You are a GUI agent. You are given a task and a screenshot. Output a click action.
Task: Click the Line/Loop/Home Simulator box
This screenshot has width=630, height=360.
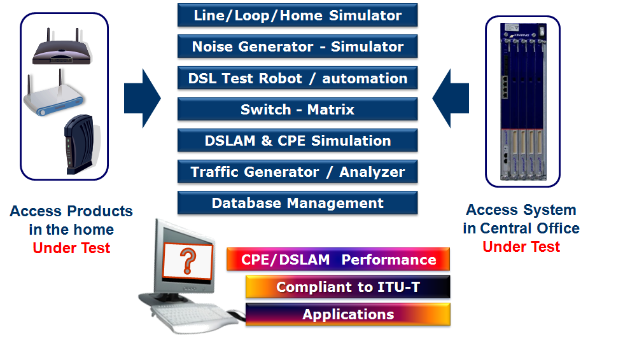tap(297, 15)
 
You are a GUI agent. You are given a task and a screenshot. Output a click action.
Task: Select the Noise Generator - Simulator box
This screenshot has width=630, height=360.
tap(297, 46)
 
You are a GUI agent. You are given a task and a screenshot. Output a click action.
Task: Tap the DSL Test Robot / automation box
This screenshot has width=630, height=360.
tap(297, 78)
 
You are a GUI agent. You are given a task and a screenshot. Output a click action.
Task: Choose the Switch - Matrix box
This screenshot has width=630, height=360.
tap(297, 109)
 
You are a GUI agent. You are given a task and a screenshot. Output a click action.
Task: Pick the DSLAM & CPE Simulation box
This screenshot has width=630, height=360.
tap(297, 141)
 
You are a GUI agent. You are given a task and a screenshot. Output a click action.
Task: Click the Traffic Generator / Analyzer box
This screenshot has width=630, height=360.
tap(297, 172)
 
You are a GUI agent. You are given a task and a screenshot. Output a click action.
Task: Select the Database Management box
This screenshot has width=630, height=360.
tap(297, 203)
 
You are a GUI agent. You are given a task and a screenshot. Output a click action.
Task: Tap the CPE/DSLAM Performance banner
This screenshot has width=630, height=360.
tap(338, 260)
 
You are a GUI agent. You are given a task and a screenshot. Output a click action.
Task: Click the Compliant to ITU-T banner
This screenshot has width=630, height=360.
tap(347, 287)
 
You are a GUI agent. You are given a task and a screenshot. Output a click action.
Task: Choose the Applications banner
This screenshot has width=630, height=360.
tap(347, 314)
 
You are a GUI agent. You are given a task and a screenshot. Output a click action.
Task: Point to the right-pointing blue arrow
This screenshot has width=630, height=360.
tap(143, 99)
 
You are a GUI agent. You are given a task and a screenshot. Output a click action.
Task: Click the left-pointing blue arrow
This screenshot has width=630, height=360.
tap(451, 99)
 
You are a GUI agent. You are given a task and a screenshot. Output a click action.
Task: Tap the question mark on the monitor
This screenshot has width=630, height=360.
tap(188, 261)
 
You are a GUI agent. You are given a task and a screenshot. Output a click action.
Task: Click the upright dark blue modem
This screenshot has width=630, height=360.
tap(80, 144)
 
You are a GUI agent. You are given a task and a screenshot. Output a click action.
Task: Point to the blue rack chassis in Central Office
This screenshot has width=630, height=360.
tap(522, 102)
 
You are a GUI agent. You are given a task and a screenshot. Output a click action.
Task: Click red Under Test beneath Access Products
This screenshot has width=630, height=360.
tap(71, 248)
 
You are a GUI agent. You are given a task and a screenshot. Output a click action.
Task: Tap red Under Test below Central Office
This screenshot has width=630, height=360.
tap(521, 247)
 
